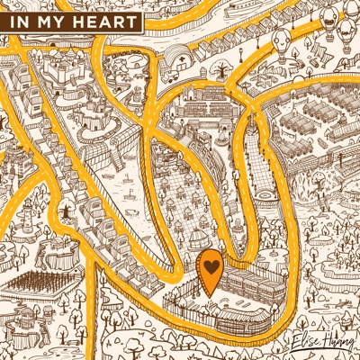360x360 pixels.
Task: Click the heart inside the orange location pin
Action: pyautogui.click(x=209, y=267)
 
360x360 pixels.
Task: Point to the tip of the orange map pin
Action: pyautogui.click(x=209, y=296)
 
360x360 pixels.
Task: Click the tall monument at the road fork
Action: pyautogui.click(x=66, y=210)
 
